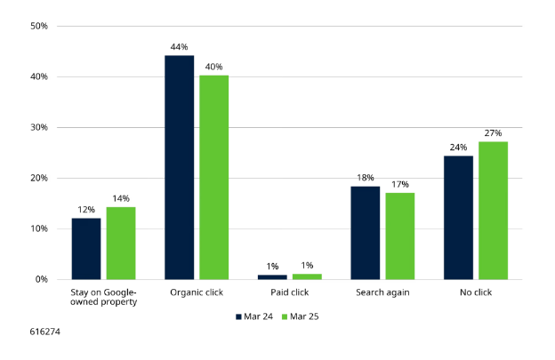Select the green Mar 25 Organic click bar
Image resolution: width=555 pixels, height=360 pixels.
pos(213,177)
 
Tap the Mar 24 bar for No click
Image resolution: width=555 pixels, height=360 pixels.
pos(458,218)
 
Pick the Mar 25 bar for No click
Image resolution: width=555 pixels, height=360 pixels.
pos(493,211)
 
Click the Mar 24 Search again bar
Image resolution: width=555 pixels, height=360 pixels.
pos(366,233)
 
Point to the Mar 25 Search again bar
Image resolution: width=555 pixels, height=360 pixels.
pos(399,236)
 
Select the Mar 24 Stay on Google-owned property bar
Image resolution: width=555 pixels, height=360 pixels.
pos(86,248)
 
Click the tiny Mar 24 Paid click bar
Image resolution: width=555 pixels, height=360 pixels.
pos(272,276)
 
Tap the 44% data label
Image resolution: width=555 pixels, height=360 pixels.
pos(180,46)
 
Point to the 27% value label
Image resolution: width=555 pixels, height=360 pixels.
pos(493,132)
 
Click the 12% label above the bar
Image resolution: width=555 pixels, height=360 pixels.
pos(86,209)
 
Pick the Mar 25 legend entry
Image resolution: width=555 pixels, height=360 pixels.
pos(298,316)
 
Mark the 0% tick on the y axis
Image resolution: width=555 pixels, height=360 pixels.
pos(41,279)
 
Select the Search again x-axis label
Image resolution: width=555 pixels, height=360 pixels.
pos(382,292)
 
